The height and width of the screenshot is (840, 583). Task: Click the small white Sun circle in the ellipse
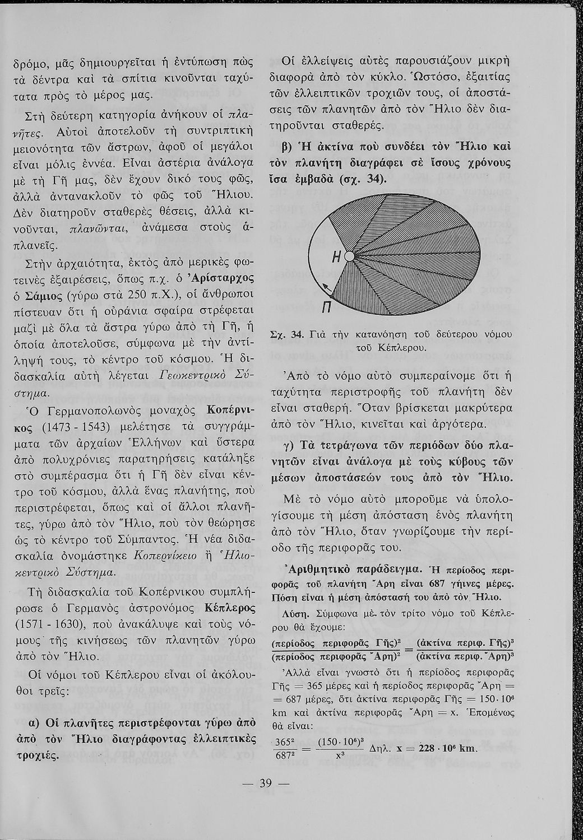(x=350, y=256)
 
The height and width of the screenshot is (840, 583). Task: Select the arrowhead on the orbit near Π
(x=325, y=286)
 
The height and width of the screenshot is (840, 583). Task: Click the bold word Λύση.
(x=297, y=612)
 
